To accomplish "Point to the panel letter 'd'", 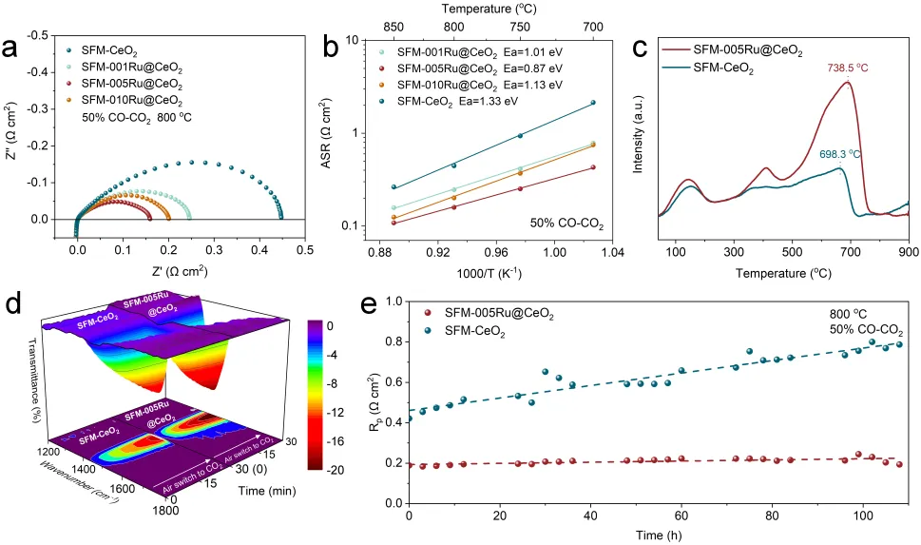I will [12, 306].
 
